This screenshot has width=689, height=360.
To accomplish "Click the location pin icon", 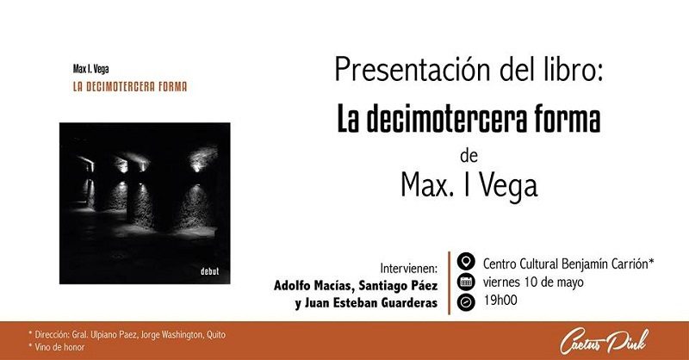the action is (466, 262).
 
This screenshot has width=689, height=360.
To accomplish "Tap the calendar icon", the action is (466, 282).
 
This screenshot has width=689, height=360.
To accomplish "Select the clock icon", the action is (466, 302).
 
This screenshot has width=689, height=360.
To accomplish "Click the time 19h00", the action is (500, 301).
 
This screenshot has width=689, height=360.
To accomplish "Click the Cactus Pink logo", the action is (605, 341).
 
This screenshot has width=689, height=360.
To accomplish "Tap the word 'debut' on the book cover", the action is (209, 271).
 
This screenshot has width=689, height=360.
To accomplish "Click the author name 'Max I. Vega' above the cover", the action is (91, 69).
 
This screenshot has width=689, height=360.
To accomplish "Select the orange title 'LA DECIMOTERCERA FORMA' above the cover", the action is (130, 87).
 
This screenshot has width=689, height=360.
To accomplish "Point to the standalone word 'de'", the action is (469, 156).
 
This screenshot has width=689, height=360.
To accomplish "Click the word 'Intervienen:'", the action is (408, 268).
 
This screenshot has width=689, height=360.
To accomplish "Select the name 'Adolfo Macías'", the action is (313, 286).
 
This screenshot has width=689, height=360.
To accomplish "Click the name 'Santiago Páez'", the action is (398, 286).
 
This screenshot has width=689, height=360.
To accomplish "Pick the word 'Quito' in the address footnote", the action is (216, 334).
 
